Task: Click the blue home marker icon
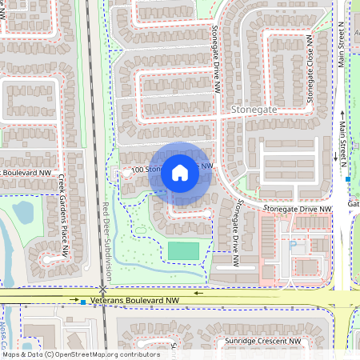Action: click(x=180, y=171)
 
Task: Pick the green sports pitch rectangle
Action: click(x=183, y=250)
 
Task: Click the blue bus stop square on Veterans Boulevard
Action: click(x=83, y=302)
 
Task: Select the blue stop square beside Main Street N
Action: click(x=348, y=179)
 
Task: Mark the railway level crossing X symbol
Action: click(x=103, y=289)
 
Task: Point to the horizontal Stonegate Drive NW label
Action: click(x=298, y=209)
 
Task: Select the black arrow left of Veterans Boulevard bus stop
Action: click(x=70, y=302)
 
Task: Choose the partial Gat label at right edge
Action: click(x=354, y=204)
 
